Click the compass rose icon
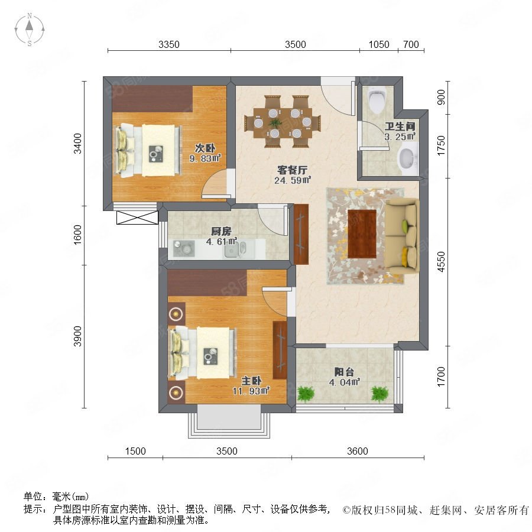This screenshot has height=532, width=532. (x=30, y=30)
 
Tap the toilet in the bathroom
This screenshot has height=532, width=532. (x=377, y=101)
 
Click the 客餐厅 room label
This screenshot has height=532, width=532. (x=292, y=170)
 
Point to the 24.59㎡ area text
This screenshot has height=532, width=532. (x=293, y=180)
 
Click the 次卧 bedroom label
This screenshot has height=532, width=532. (x=205, y=148)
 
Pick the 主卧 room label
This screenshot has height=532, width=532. (x=251, y=381)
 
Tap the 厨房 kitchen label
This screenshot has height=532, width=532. (x=221, y=231)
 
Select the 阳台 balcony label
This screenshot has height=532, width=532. (x=344, y=372)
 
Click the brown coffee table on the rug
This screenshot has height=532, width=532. (x=362, y=233)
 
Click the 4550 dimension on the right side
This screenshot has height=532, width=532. (x=441, y=262)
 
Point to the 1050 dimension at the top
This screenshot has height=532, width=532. (x=379, y=44)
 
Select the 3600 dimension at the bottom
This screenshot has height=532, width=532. (x=358, y=451)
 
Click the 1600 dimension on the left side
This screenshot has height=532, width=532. (x=78, y=235)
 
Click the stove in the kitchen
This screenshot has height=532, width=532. (x=184, y=249)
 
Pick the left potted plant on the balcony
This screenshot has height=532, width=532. (x=306, y=394)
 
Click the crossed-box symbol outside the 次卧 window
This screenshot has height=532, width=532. (x=137, y=218)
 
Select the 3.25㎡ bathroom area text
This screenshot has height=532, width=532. (x=400, y=137)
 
